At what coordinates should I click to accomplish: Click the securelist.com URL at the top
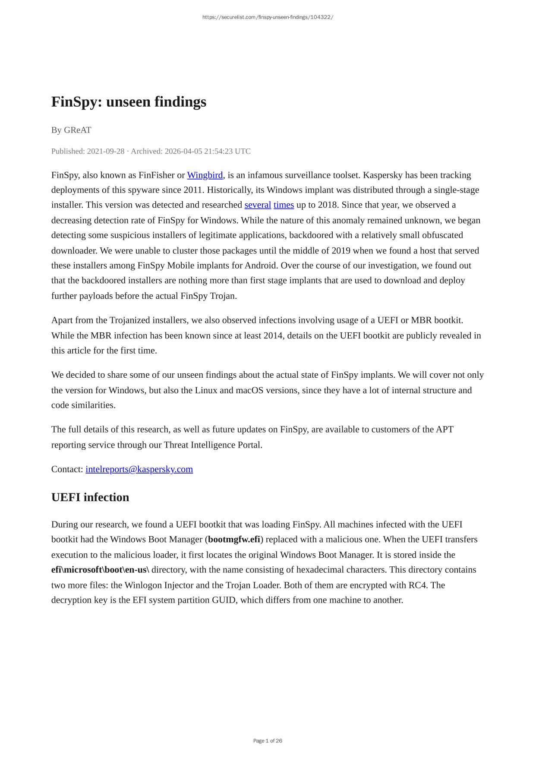click(x=268, y=17)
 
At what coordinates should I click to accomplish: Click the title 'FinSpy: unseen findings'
click(x=129, y=102)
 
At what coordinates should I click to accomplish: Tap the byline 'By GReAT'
click(x=71, y=130)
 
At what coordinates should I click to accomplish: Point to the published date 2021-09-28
click(x=105, y=151)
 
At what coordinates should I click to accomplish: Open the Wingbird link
click(x=205, y=175)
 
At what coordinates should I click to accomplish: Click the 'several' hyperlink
click(x=258, y=205)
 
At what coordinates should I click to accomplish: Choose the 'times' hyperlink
click(x=284, y=205)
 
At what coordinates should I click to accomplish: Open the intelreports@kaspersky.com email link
click(x=139, y=469)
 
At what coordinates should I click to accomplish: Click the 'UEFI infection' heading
click(x=90, y=497)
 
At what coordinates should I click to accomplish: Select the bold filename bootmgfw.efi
click(x=234, y=540)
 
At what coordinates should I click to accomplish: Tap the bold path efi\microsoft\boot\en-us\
click(x=100, y=570)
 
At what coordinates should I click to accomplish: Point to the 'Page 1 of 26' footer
click(x=268, y=741)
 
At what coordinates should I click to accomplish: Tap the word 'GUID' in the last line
click(x=224, y=600)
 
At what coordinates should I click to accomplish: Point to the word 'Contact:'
click(x=67, y=469)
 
